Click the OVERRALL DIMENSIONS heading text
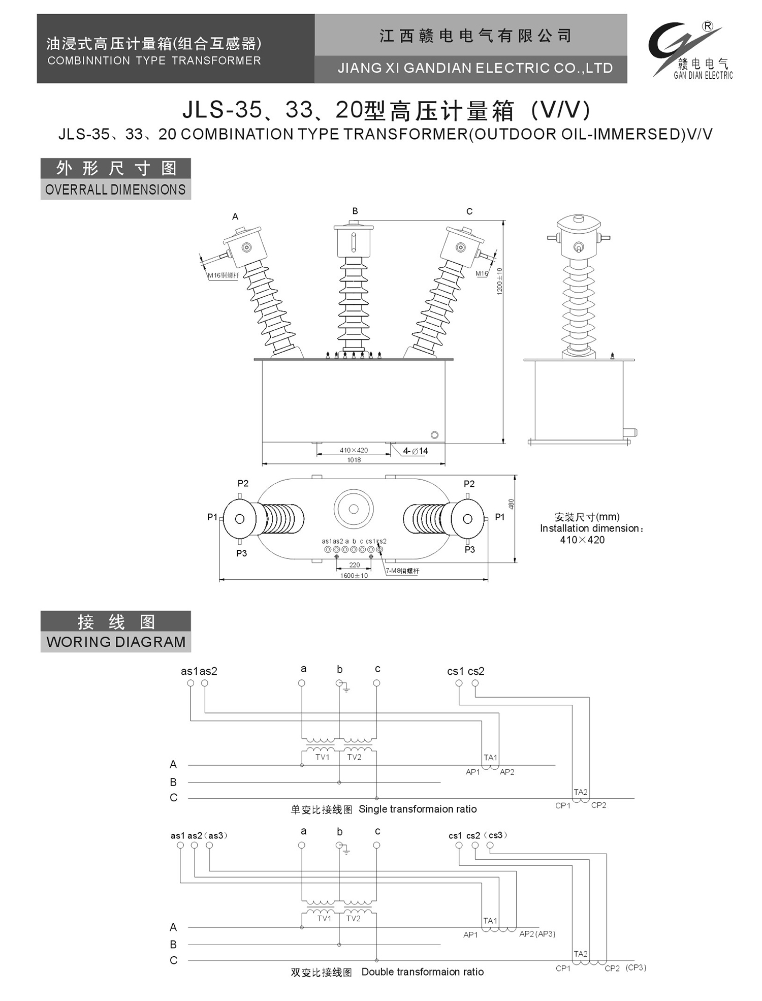(115, 190)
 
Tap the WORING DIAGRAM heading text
(116, 642)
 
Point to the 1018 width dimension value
(354, 460)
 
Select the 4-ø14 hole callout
(416, 451)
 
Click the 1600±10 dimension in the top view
(354, 576)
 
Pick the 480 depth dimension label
(511, 504)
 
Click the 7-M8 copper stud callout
(402, 571)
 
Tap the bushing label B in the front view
(355, 211)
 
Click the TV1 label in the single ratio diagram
(322, 757)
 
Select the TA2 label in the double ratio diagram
(581, 954)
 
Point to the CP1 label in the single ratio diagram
(563, 805)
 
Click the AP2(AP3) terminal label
(537, 934)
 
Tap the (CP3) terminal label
(636, 967)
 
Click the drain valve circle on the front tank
(434, 435)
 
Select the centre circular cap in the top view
(354, 509)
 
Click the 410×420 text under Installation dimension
(582, 540)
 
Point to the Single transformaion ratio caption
(418, 809)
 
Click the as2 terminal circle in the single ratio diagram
(205, 683)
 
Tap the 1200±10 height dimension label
(499, 281)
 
